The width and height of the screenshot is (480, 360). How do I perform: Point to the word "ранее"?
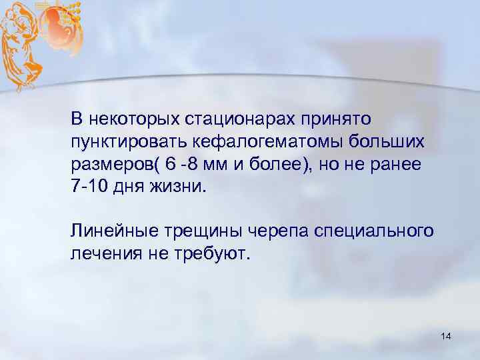click(x=396, y=165)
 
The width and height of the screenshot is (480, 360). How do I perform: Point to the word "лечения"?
click(x=101, y=254)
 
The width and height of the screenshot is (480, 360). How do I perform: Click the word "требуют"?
click(x=215, y=254)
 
